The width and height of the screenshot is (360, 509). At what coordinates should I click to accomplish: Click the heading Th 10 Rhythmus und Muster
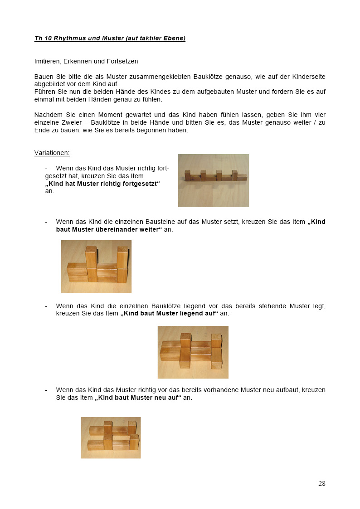click(x=110, y=39)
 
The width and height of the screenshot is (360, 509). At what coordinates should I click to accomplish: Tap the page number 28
click(x=321, y=484)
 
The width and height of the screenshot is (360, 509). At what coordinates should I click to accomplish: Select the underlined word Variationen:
click(x=52, y=153)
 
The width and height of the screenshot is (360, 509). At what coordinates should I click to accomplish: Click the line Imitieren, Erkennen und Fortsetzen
click(x=86, y=61)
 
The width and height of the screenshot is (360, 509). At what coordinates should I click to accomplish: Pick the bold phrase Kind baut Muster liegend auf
click(x=169, y=313)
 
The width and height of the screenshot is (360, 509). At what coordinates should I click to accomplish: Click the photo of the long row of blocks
click(x=213, y=180)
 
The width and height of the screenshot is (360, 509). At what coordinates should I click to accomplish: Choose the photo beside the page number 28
click(x=111, y=437)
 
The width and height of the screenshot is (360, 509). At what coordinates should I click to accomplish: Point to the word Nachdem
click(x=47, y=115)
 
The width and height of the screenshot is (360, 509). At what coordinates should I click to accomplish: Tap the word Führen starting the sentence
click(x=44, y=92)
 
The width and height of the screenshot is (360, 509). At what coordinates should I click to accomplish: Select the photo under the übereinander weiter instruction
click(x=96, y=266)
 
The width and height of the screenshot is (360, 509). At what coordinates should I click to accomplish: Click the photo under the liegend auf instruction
click(x=193, y=352)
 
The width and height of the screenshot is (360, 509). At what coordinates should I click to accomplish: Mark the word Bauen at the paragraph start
click(x=43, y=77)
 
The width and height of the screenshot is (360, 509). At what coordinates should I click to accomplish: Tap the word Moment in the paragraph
click(x=102, y=115)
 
